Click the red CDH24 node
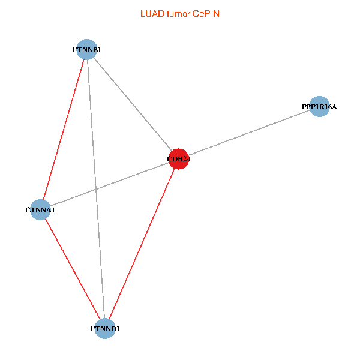(179, 159)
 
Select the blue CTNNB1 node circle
(87, 49)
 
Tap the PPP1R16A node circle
(320, 106)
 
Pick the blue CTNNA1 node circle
(40, 210)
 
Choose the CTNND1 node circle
(106, 328)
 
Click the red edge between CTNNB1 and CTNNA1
(64, 130)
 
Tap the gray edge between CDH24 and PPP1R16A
(249, 133)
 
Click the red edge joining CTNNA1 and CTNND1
(73, 269)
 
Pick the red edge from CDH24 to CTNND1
(142, 244)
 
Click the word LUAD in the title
(150, 13)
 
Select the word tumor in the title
(178, 13)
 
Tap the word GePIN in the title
(206, 13)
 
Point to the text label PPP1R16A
(319, 107)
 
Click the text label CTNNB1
(86, 50)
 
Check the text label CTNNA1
(40, 211)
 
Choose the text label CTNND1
(105, 329)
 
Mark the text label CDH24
(179, 159)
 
